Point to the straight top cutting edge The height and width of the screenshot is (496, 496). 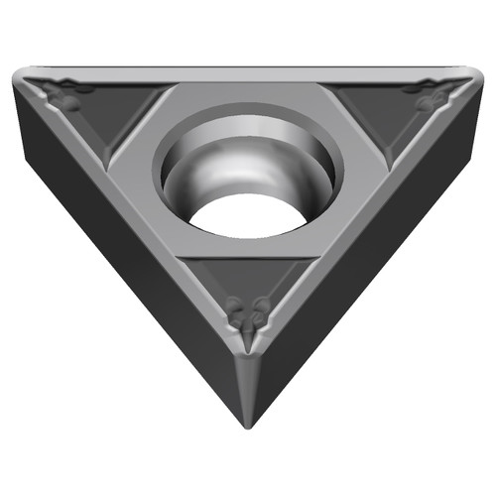tap(248, 70)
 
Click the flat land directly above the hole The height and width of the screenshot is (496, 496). tap(248, 96)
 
